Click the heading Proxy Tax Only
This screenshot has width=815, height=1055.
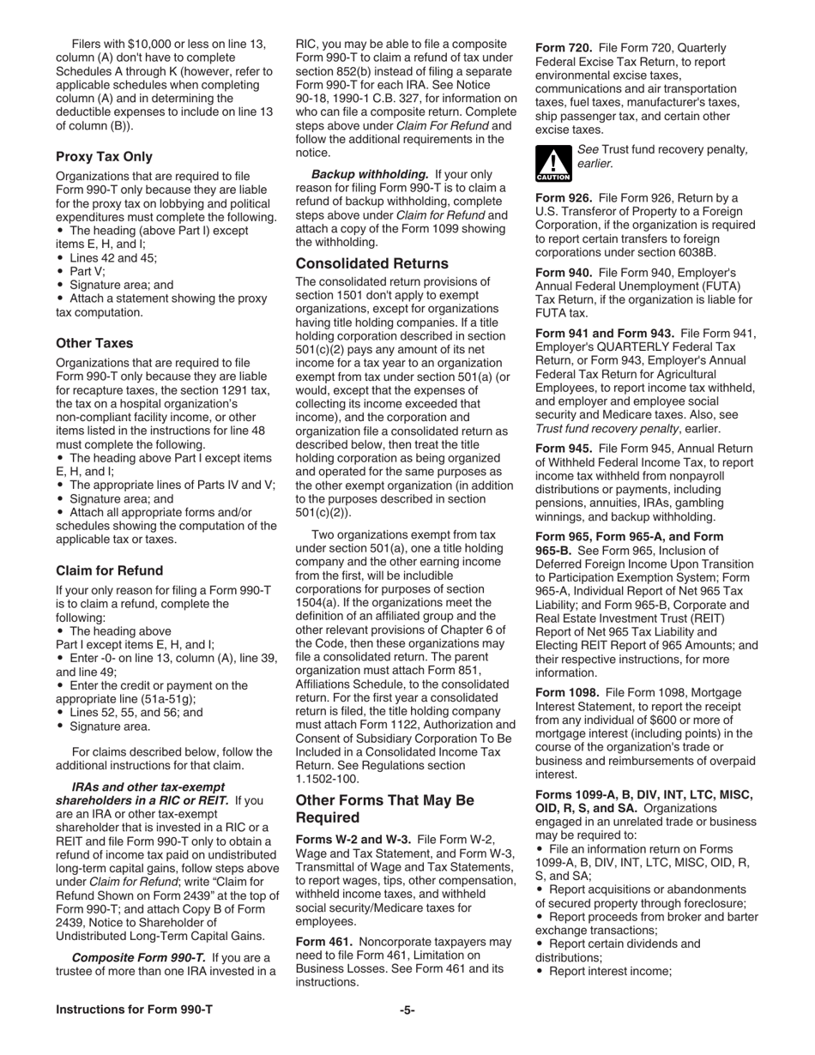[104, 156]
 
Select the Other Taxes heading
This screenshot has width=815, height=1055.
[94, 343]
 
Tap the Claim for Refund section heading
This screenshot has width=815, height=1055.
[109, 570]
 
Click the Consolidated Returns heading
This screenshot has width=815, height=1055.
[371, 263]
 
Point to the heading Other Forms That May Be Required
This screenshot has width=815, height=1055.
[384, 808]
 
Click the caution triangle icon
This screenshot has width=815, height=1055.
[552, 161]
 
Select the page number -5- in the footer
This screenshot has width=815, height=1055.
[407, 1010]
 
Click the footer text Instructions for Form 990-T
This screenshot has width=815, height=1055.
[134, 1010]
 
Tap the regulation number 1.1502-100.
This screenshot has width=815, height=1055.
[327, 779]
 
